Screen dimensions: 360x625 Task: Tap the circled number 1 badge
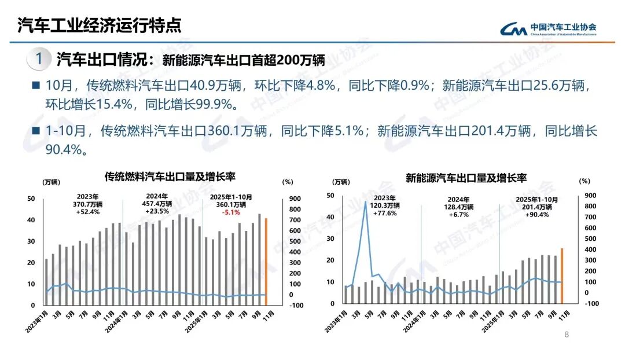pos(38,59)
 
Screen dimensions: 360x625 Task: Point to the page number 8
pos(567,334)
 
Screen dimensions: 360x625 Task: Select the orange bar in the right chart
pos(561,275)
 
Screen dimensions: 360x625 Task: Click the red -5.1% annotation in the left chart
pos(231,212)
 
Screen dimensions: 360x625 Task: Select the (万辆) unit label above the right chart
pos(341,182)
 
